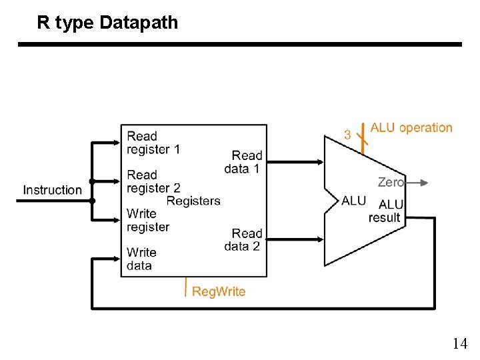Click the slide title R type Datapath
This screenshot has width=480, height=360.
[x=107, y=23]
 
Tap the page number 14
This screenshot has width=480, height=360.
[x=459, y=344]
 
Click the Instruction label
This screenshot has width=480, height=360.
[x=52, y=190]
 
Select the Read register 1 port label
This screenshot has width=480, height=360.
[x=153, y=143]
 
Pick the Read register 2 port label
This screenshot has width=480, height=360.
[x=153, y=181]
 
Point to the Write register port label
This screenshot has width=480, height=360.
[x=148, y=220]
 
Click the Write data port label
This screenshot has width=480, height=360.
[x=141, y=259]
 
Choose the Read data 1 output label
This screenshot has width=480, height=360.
[x=244, y=162]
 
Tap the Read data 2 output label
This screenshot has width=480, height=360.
[x=244, y=239]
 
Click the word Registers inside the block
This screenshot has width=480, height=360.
[x=193, y=201]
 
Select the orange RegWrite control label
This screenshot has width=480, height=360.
[x=219, y=291]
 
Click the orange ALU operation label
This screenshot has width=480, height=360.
[x=411, y=127]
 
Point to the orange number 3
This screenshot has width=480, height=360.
[x=347, y=135]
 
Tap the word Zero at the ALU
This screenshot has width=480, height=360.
[x=391, y=182]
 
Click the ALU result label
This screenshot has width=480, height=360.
[x=385, y=211]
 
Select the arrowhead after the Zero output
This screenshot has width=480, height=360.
[x=423, y=182]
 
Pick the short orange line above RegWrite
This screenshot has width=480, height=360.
[x=185, y=287]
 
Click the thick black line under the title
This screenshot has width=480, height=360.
[x=239, y=45]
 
